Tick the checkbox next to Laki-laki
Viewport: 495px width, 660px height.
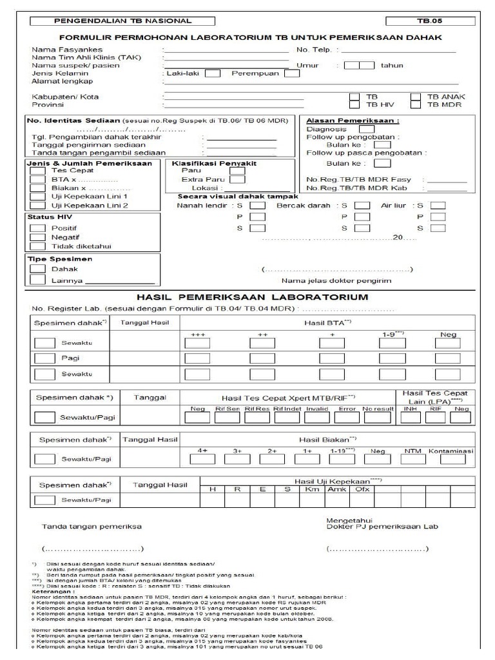pos(212,73)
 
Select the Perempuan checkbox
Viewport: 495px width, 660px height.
pos(291,73)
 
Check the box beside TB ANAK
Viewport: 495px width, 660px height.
pos(416,97)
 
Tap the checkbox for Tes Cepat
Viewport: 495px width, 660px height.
pos(38,171)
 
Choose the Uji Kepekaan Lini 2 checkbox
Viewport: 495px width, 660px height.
pos(38,205)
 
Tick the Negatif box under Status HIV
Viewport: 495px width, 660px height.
pos(38,237)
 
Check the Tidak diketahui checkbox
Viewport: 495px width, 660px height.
pos(38,246)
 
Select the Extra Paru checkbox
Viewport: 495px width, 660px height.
pos(237,180)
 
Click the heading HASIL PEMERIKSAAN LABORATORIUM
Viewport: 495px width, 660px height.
pos(253,297)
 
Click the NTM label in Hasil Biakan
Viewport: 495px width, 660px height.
pos(412,451)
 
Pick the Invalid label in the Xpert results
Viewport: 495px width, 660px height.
pos(316,409)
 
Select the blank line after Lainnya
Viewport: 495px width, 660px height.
pos(119,281)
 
